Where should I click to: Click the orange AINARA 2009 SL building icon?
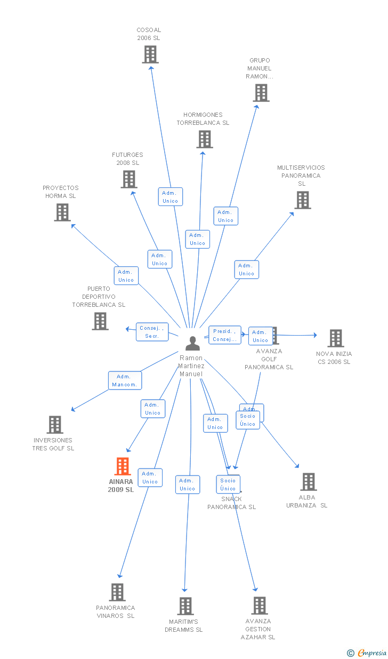click(x=123, y=466)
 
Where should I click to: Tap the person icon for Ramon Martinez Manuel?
click(x=192, y=343)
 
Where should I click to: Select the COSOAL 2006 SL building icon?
click(x=150, y=54)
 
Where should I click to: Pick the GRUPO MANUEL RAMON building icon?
click(x=261, y=93)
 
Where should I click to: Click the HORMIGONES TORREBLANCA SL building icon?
click(x=204, y=139)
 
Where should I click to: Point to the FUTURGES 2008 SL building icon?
click(x=129, y=179)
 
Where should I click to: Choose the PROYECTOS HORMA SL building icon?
click(x=62, y=212)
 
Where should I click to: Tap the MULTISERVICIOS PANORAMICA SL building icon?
click(x=303, y=200)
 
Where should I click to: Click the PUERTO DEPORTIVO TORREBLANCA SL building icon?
click(x=100, y=321)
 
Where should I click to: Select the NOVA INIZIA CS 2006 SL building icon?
click(x=335, y=338)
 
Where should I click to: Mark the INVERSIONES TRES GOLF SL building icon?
click(x=55, y=425)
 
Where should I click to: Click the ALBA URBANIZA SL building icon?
click(x=308, y=482)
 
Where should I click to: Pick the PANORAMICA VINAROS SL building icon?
click(x=117, y=592)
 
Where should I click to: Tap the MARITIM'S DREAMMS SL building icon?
click(x=185, y=606)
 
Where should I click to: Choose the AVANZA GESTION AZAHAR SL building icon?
click(x=260, y=606)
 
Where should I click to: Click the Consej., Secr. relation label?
click(x=152, y=332)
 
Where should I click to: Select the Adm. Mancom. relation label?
click(x=125, y=380)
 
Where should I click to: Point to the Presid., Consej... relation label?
click(x=224, y=335)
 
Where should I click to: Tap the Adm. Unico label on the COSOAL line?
click(x=170, y=197)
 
